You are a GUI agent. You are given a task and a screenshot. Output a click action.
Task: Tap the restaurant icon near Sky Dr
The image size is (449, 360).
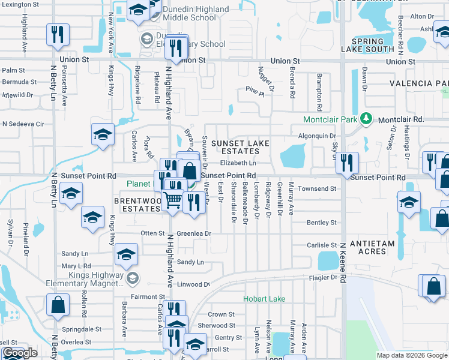click(347, 163)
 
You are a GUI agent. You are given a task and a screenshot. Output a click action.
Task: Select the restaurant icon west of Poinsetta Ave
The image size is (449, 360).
click(58, 34)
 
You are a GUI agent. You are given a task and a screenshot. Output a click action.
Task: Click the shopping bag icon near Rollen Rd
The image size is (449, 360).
click(58, 304)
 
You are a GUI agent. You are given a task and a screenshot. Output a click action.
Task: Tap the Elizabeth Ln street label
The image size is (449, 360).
click(238, 163)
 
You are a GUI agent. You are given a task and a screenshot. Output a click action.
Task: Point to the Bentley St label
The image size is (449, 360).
click(322, 223)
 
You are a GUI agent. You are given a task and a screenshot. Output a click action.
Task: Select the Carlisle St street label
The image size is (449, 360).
click(322, 245)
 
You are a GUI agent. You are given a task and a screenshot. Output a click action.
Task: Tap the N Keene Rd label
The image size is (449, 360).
click(343, 262)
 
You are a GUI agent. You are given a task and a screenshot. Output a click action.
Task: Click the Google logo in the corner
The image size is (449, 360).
click(20, 353)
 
